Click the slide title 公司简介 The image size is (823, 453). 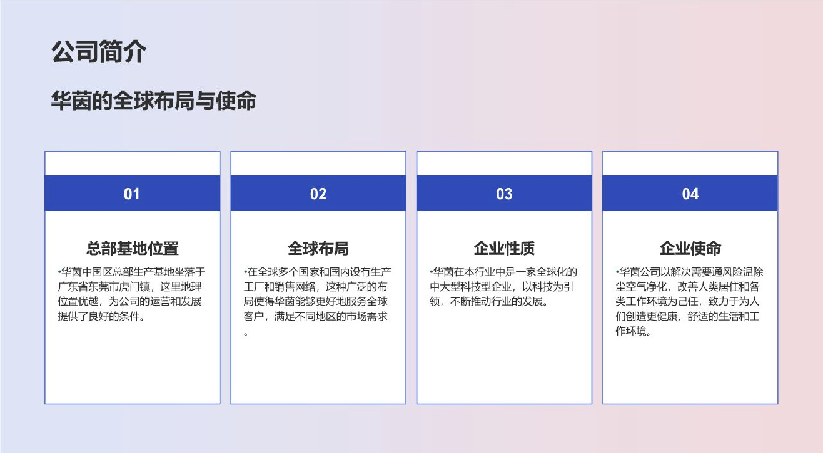point(98,52)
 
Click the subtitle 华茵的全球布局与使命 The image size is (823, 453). point(154,101)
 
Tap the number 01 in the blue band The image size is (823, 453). point(131,194)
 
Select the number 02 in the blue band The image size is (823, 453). point(318,194)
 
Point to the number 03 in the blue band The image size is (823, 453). point(504,194)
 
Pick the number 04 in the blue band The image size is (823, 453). point(690,194)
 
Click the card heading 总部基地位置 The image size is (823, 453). point(133,249)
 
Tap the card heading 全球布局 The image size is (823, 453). point(318,249)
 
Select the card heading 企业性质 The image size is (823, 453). point(504,249)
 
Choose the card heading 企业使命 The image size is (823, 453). point(690,249)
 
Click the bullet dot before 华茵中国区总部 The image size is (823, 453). point(59,272)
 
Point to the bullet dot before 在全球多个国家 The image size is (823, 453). point(245,272)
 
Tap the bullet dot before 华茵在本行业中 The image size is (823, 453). point(432,272)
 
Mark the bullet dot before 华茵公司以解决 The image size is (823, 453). point(617,272)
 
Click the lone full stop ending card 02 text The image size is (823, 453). point(246,334)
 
